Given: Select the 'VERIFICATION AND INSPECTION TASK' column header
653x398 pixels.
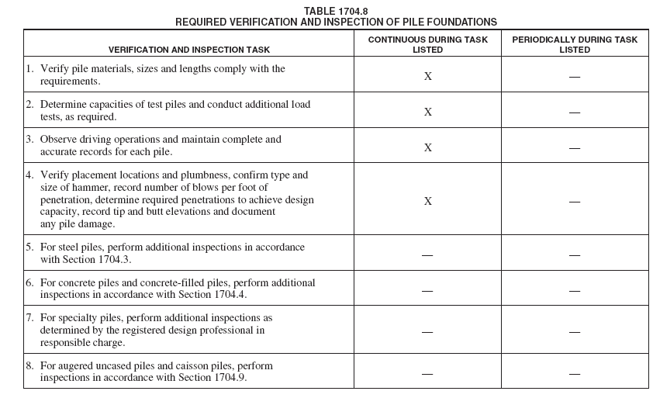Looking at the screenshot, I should click(189, 50).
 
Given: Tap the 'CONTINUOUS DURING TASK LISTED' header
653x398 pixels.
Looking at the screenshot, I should click(427, 44).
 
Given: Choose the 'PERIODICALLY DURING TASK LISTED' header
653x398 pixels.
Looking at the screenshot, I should click(575, 44).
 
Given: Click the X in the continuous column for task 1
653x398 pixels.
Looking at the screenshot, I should click(427, 76).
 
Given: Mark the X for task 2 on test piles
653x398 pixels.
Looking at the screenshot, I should click(427, 112).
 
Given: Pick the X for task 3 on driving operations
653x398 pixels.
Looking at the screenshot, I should click(427, 147).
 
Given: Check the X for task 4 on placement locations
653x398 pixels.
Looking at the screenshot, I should click(427, 201).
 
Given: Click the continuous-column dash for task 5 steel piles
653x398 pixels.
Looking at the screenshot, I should click(427, 255).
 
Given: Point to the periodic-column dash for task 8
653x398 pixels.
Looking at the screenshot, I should click(575, 373).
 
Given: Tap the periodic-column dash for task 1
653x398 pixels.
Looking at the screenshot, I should click(575, 77).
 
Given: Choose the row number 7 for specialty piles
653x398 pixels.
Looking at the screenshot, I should click(29, 318).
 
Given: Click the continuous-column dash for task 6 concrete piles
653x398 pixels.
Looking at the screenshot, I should click(427, 291).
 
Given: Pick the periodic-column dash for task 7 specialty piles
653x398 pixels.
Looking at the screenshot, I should click(575, 331).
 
